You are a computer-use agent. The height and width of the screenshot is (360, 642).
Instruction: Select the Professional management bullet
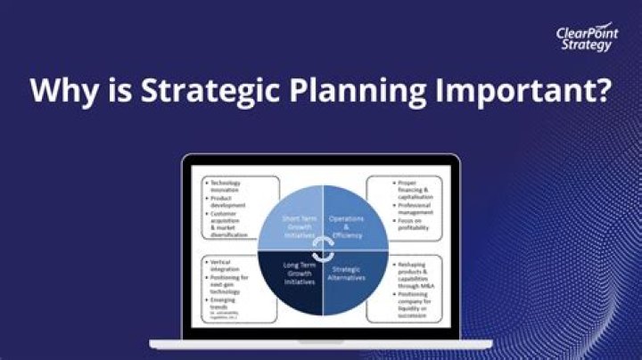click(414, 209)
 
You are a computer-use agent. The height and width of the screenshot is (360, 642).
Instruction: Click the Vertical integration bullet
click(226, 266)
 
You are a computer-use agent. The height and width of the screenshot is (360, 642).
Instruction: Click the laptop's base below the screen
click(320, 343)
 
